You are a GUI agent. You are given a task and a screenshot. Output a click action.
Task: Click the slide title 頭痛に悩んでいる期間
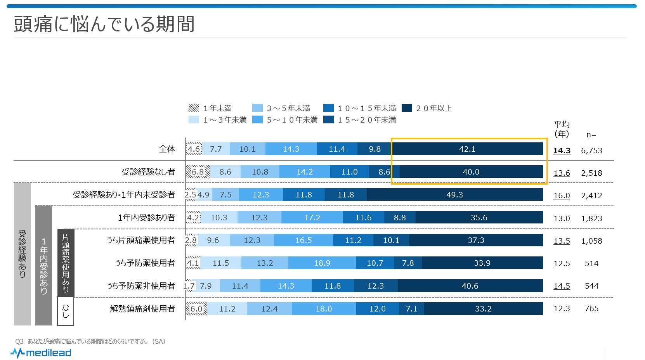point(104,24)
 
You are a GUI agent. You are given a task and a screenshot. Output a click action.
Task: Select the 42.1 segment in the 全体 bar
point(467,149)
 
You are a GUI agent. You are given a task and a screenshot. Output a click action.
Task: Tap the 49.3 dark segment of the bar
point(454,195)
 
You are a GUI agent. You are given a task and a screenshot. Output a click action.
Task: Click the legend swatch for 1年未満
point(194,108)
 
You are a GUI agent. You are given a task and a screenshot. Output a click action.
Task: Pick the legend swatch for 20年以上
point(407,108)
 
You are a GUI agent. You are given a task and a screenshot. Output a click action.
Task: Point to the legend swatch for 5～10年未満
point(257,119)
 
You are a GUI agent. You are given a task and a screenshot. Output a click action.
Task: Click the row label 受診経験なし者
point(148,172)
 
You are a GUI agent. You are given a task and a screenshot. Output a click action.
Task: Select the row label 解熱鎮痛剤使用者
point(142,309)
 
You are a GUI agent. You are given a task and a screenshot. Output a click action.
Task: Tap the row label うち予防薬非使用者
point(141,286)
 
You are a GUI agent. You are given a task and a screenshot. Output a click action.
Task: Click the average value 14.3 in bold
point(562,151)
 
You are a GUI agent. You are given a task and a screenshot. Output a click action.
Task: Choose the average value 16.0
point(562,196)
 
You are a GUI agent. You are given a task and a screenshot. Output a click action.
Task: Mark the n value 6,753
point(591,151)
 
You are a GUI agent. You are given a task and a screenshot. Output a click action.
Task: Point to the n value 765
point(591,308)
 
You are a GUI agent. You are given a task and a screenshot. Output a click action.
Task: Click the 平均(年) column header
point(562,129)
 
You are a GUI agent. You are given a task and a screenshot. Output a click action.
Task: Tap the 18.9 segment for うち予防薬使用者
point(322,263)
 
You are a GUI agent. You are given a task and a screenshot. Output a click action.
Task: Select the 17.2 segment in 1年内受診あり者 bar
point(312,218)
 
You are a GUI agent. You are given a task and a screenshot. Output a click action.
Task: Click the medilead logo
point(41,353)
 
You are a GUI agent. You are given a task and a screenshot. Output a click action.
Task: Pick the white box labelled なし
point(66,311)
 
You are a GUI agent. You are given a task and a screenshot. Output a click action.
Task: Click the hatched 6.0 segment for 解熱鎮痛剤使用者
point(196,309)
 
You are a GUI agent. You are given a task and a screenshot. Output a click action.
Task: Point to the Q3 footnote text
point(90,341)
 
